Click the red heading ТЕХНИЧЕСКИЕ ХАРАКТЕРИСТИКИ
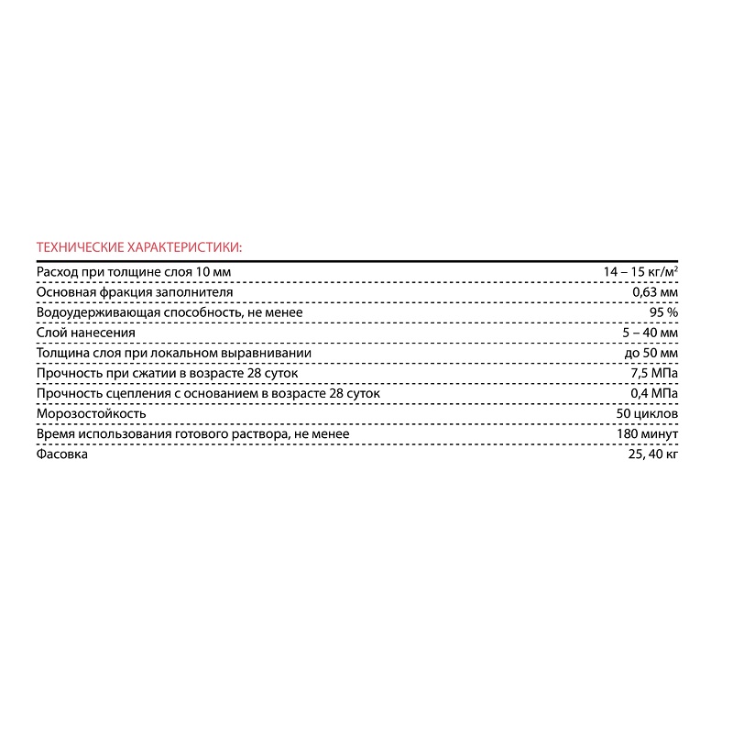139,246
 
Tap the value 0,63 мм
655,291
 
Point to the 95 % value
662,312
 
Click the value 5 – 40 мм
650,333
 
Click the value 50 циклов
648,414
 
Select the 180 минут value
649,434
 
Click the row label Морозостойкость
91,414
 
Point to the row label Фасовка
61,454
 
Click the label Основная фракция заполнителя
134,291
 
